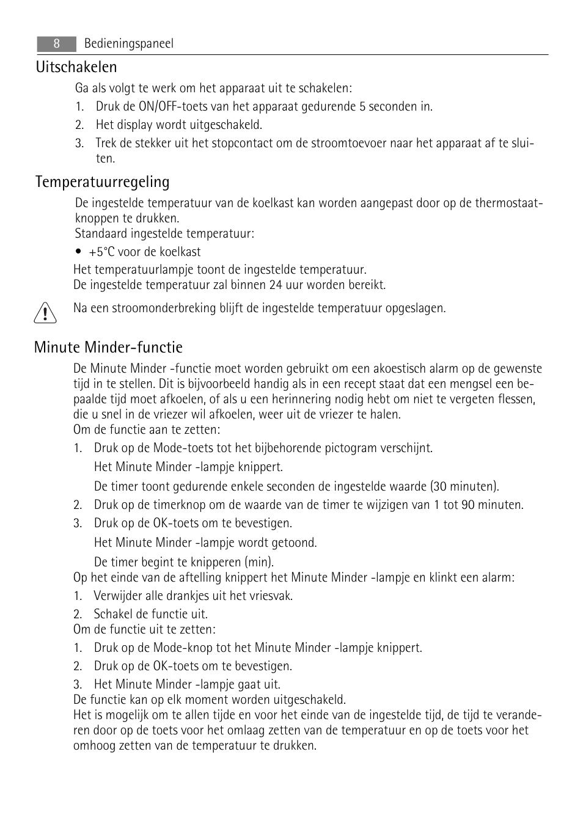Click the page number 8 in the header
[x=56, y=43]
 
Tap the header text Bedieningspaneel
[x=128, y=43]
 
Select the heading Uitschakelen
[x=76, y=67]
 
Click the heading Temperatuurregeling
[x=103, y=182]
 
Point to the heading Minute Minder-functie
[x=108, y=348]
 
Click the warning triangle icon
[x=45, y=313]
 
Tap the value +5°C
[x=101, y=252]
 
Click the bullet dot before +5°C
[x=79, y=252]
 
